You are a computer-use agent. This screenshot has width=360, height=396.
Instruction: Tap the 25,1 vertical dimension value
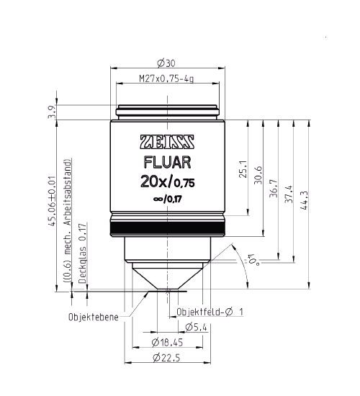[x=243, y=168]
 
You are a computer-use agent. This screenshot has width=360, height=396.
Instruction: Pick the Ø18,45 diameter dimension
[x=168, y=341]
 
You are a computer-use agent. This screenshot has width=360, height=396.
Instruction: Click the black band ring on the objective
[x=168, y=230]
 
